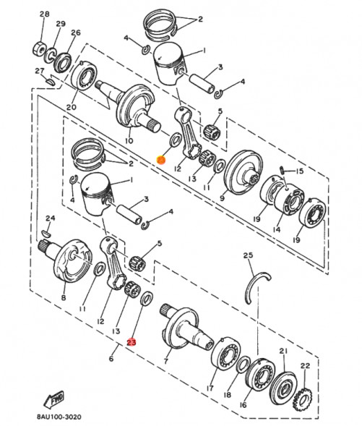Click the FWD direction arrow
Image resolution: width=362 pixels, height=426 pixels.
(x=54, y=398)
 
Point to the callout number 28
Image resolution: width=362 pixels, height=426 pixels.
(x=45, y=14)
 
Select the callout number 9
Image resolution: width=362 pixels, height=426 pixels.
(x=223, y=197)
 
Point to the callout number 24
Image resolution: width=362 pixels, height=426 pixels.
(x=50, y=218)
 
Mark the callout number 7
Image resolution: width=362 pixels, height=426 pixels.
(x=166, y=360)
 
